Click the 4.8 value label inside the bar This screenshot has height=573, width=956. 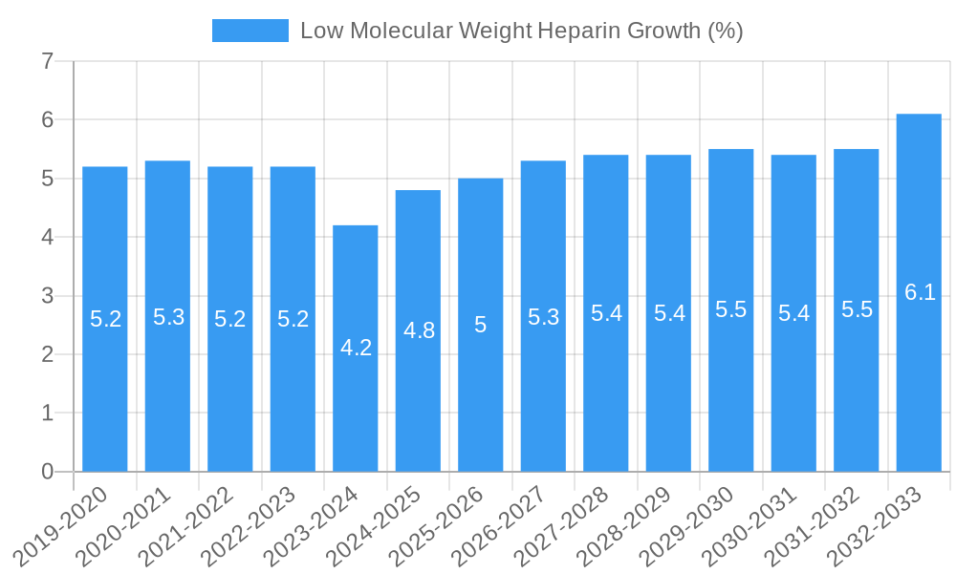tap(419, 330)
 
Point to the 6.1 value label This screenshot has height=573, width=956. tap(920, 292)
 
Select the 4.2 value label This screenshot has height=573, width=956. tap(356, 348)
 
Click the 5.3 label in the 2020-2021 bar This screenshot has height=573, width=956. tap(168, 317)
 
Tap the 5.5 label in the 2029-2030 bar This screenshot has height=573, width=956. tap(731, 309)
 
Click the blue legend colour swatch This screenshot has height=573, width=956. tap(250, 31)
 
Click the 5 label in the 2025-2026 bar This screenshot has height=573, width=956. tap(481, 325)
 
